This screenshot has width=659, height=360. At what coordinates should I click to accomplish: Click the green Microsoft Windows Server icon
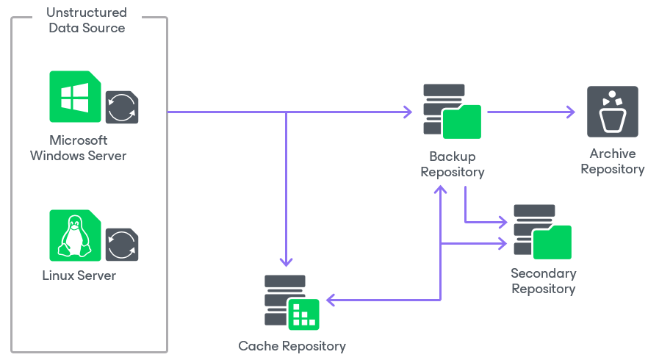pyautogui.click(x=75, y=96)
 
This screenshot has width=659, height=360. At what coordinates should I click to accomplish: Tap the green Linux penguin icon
pyautogui.click(x=75, y=235)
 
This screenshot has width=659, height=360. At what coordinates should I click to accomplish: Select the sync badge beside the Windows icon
pyautogui.click(x=122, y=107)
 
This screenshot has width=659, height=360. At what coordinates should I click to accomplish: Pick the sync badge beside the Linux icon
pyautogui.click(x=122, y=245)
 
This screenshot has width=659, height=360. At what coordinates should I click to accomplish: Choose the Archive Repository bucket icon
pyautogui.click(x=612, y=112)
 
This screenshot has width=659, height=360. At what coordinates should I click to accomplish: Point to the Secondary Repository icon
pyautogui.click(x=542, y=231)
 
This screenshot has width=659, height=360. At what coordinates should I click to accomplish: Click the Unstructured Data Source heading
pyautogui.click(x=87, y=21)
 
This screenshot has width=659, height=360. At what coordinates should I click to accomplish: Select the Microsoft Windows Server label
pyautogui.click(x=78, y=148)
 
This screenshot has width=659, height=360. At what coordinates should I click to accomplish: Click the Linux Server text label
pyautogui.click(x=79, y=276)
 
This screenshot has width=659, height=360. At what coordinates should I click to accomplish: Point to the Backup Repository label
pyautogui.click(x=453, y=165)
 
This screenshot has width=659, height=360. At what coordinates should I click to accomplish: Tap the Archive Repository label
pyautogui.click(x=612, y=162)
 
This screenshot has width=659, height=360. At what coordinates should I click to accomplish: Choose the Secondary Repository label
pyautogui.click(x=543, y=281)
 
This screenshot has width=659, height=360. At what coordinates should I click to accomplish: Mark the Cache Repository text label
pyautogui.click(x=292, y=345)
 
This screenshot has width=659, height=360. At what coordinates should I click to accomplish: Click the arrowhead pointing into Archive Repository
pyautogui.click(x=570, y=112)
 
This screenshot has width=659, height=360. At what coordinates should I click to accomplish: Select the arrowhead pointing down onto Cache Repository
pyautogui.click(x=286, y=262)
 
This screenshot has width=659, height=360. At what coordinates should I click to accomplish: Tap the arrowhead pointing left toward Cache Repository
pyautogui.click(x=331, y=300)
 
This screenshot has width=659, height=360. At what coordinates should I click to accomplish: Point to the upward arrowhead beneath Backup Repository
pyautogui.click(x=440, y=190)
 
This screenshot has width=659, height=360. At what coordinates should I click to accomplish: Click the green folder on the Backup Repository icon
pyautogui.click(x=462, y=122)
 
